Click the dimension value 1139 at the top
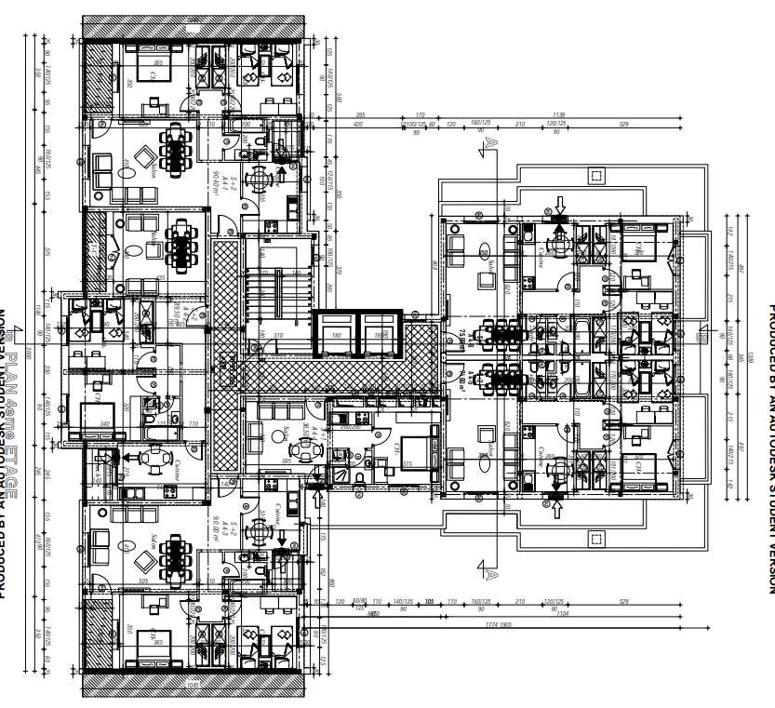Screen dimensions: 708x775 pyautogui.click(x=558, y=115)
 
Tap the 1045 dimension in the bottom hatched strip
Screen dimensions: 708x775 pyautogui.click(x=194, y=685)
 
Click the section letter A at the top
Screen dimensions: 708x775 pyautogui.click(x=487, y=141)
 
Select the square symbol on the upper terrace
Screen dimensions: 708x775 pyautogui.click(x=595, y=174)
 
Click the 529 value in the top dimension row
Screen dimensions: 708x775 pyautogui.click(x=623, y=125)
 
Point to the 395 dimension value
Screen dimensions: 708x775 pyautogui.click(x=362, y=115)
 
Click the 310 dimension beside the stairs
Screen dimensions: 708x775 pyautogui.click(x=277, y=335)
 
